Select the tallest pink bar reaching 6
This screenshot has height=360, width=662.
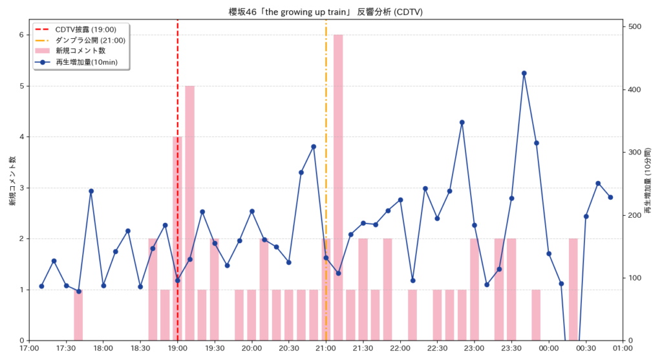click(338, 187)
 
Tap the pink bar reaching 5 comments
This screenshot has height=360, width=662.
click(189, 213)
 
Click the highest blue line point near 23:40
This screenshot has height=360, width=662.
click(524, 73)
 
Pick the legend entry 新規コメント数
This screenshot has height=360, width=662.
click(80, 50)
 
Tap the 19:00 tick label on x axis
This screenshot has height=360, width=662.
click(178, 349)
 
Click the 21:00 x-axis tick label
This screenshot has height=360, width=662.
click(326, 349)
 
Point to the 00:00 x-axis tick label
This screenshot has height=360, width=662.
click(549, 349)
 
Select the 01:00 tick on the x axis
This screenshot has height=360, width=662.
click(623, 349)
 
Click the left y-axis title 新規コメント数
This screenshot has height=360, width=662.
click(12, 181)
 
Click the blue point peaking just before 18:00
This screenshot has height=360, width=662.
click(91, 191)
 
